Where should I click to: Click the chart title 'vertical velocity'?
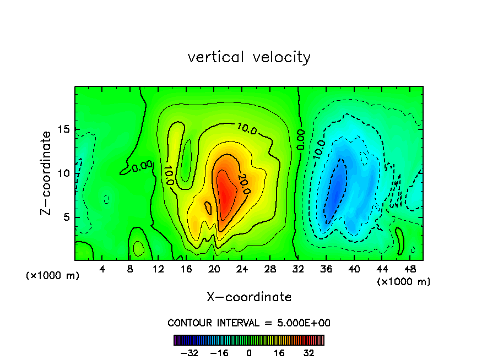tap(249, 57)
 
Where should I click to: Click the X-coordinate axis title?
tap(249, 297)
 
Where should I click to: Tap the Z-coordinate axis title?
tap(48, 173)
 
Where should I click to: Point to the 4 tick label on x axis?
tap(102, 269)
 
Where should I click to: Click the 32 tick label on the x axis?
tap(298, 269)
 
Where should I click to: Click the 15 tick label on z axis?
tap(64, 130)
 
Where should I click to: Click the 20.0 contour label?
tap(243, 184)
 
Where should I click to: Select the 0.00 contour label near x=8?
tap(142, 165)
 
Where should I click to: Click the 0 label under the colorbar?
tap(249, 353)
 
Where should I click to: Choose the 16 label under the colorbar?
tap(279, 353)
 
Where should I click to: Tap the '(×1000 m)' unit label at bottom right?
tap(404, 282)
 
